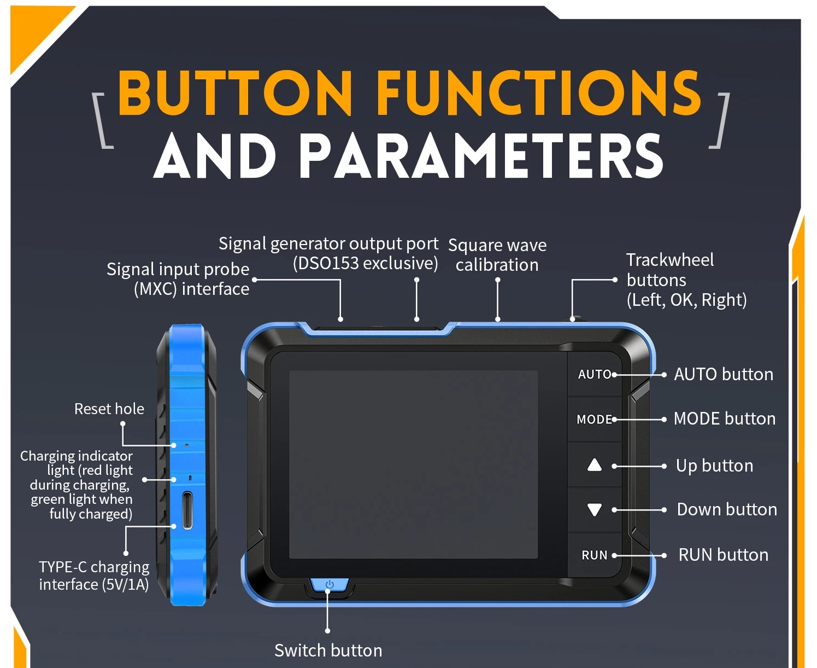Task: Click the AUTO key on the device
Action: [x=595, y=374]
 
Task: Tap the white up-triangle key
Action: [x=595, y=465]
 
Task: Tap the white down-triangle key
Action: [x=595, y=510]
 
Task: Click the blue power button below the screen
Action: [x=330, y=585]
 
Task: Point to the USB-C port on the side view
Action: [x=187, y=510]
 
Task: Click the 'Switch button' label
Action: [x=328, y=650]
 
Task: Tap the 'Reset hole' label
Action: [x=109, y=409]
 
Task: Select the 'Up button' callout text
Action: [x=714, y=466]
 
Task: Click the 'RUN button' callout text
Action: [x=723, y=555]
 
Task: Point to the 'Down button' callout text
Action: [x=727, y=509]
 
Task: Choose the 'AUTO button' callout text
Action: [x=724, y=374]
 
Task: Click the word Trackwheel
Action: [x=670, y=260]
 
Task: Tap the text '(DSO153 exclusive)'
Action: [x=365, y=263]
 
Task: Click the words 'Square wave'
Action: [x=497, y=245]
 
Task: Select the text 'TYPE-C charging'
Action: [x=94, y=567]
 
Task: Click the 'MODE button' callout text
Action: [x=725, y=419]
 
